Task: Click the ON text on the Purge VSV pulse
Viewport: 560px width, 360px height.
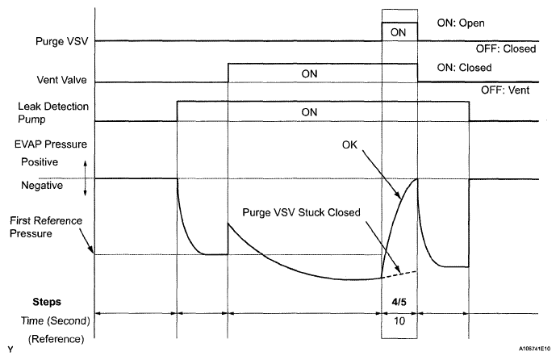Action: (398, 31)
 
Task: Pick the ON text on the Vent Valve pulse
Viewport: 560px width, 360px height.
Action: (311, 73)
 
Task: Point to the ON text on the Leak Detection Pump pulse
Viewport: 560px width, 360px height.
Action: (308, 111)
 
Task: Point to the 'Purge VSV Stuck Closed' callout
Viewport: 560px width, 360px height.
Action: (299, 214)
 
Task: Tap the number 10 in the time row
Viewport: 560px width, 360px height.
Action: (400, 320)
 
